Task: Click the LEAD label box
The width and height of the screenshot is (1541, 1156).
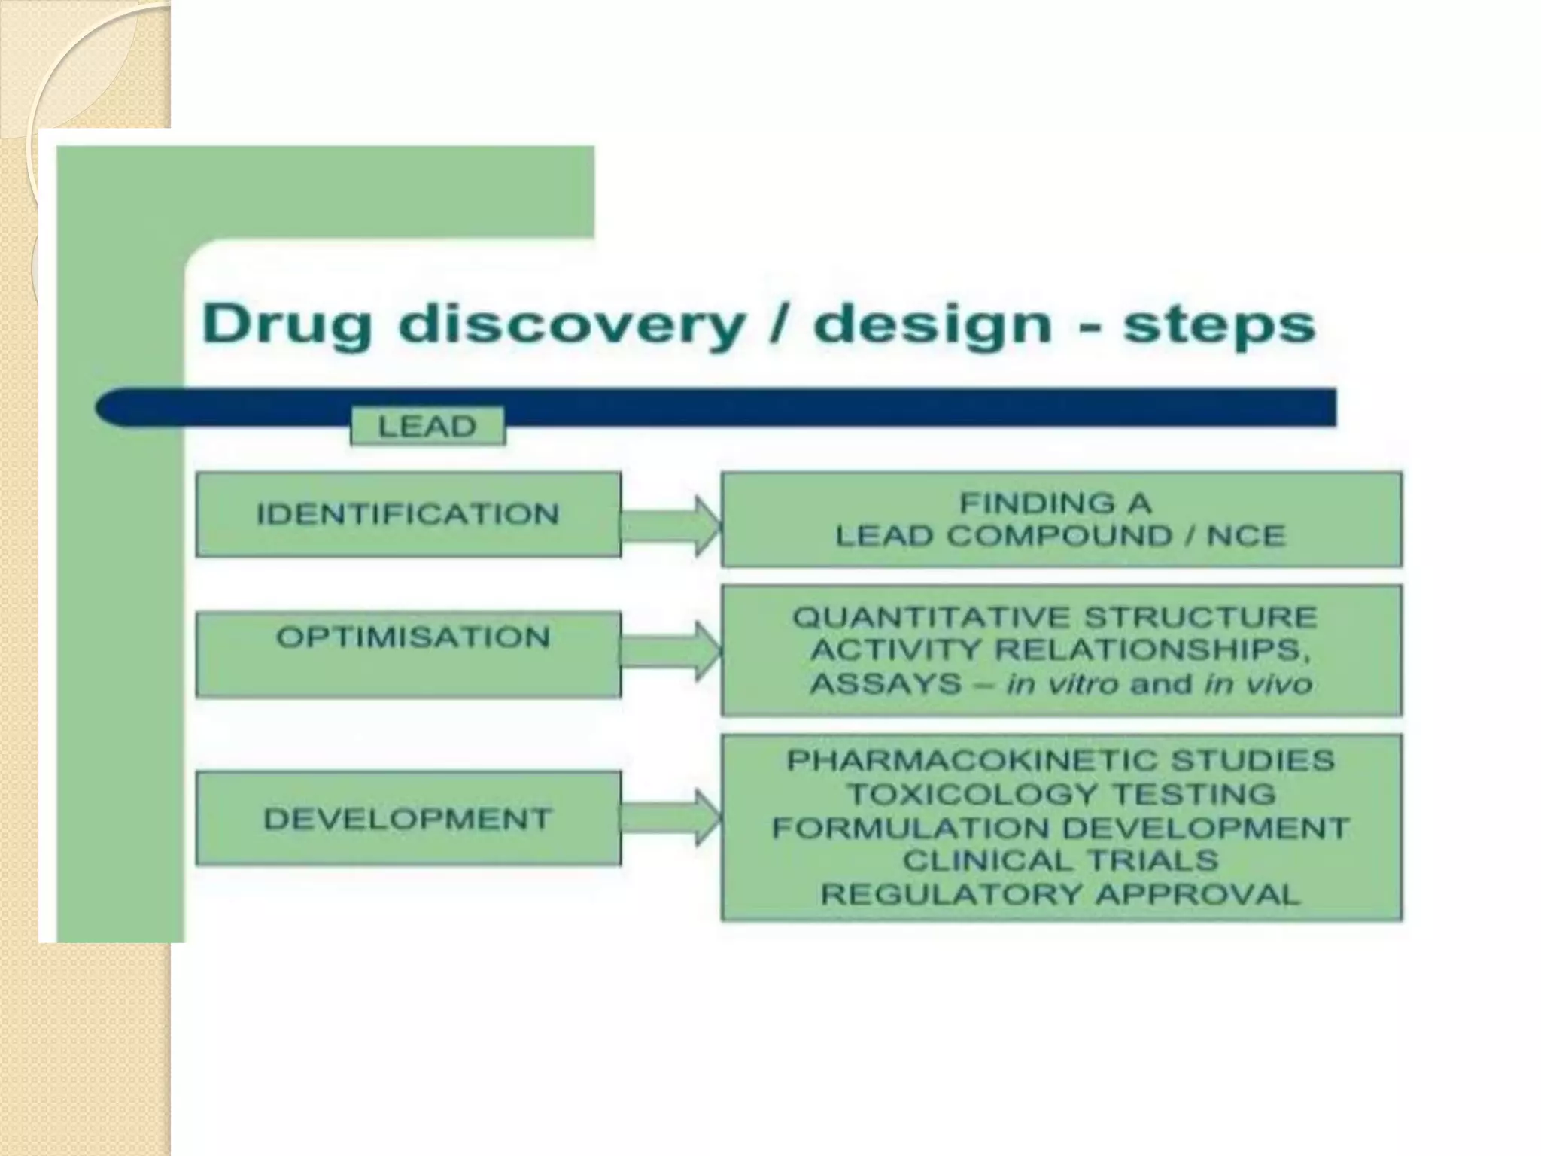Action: pyautogui.click(x=427, y=427)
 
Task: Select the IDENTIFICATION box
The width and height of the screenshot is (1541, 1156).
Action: pyautogui.click(x=408, y=515)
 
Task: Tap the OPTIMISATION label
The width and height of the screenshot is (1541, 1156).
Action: pyautogui.click(x=413, y=637)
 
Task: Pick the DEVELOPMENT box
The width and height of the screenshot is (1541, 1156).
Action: pyautogui.click(x=408, y=818)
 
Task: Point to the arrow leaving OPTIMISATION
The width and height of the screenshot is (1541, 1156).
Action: pyautogui.click(x=670, y=652)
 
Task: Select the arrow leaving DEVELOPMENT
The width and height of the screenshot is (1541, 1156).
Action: pyautogui.click(x=670, y=818)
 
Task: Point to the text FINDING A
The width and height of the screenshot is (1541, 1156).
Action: pyautogui.click(x=1055, y=503)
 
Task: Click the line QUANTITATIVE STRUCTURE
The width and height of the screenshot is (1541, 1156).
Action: pyautogui.click(x=1055, y=617)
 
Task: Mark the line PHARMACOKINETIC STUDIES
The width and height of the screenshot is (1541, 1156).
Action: pyautogui.click(x=1060, y=760)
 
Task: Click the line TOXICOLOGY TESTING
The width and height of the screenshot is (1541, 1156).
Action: pyautogui.click(x=1061, y=794)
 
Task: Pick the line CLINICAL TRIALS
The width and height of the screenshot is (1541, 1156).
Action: pyautogui.click(x=1060, y=860)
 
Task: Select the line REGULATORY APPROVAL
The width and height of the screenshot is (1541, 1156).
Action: pyautogui.click(x=1060, y=895)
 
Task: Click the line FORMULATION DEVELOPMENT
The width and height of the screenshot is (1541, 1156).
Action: pyautogui.click(x=1060, y=828)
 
